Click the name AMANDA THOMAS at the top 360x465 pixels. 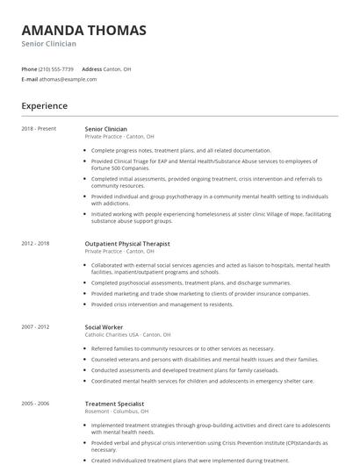coord(83,31)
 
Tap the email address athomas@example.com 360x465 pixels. coord(65,79)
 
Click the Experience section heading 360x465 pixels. coord(45,106)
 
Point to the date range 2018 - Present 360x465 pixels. coord(38,129)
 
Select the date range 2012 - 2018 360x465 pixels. coord(36,243)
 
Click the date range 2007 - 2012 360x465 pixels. coord(36,326)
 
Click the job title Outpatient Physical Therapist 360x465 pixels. coord(127,243)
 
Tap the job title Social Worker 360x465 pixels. coord(104,326)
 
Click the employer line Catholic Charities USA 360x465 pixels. coord(127,334)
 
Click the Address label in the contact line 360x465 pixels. coord(91,68)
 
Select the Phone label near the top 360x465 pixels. coord(29,68)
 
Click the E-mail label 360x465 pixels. coord(29,79)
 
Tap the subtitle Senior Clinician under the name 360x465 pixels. coord(49,44)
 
